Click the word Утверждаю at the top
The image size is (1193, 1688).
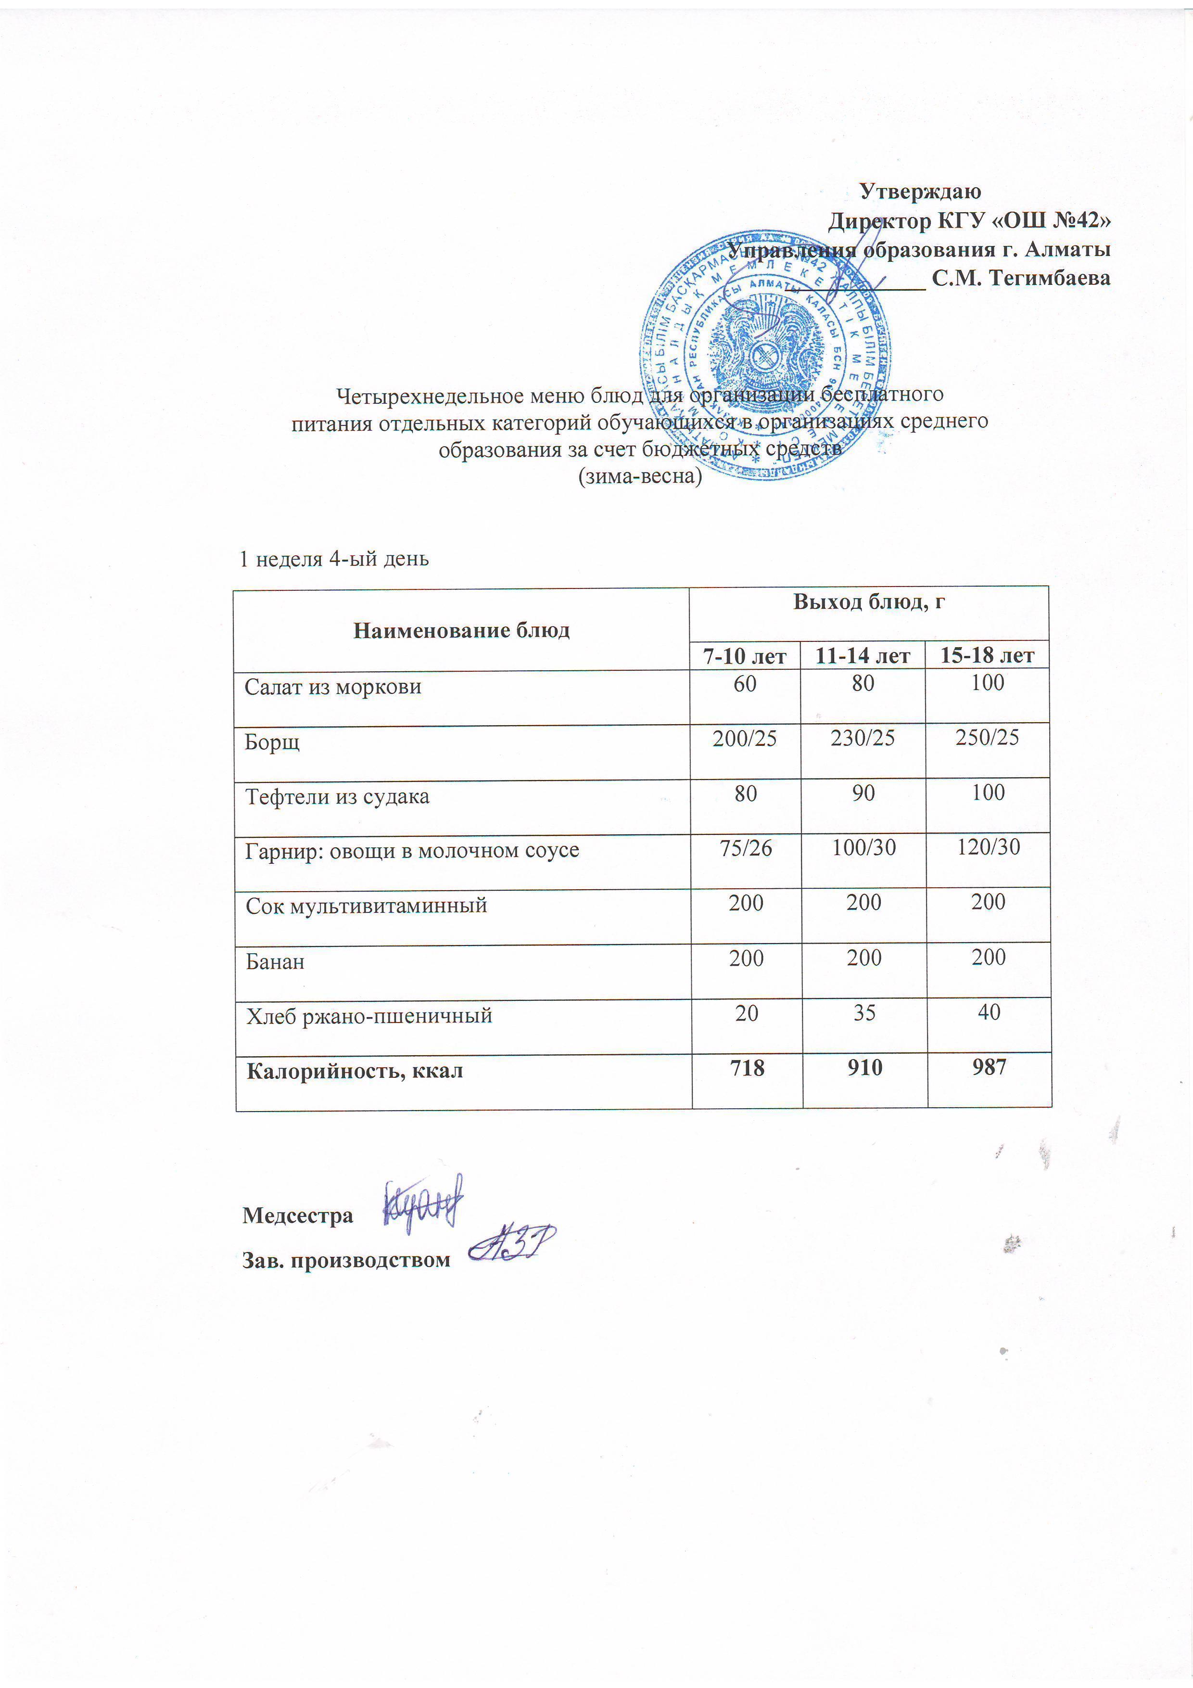tap(920, 192)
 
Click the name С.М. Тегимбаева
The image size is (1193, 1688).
tap(1020, 278)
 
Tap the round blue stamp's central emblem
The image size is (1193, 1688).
tap(764, 353)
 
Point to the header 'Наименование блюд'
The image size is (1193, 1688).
tap(462, 630)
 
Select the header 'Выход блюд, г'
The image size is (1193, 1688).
tap(869, 602)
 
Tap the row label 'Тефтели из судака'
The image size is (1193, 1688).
tap(337, 796)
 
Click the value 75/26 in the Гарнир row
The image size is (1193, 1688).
tap(746, 848)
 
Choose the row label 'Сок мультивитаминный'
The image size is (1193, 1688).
tap(366, 905)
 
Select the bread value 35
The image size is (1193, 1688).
tap(864, 1013)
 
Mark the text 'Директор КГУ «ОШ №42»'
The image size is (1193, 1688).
tap(969, 220)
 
